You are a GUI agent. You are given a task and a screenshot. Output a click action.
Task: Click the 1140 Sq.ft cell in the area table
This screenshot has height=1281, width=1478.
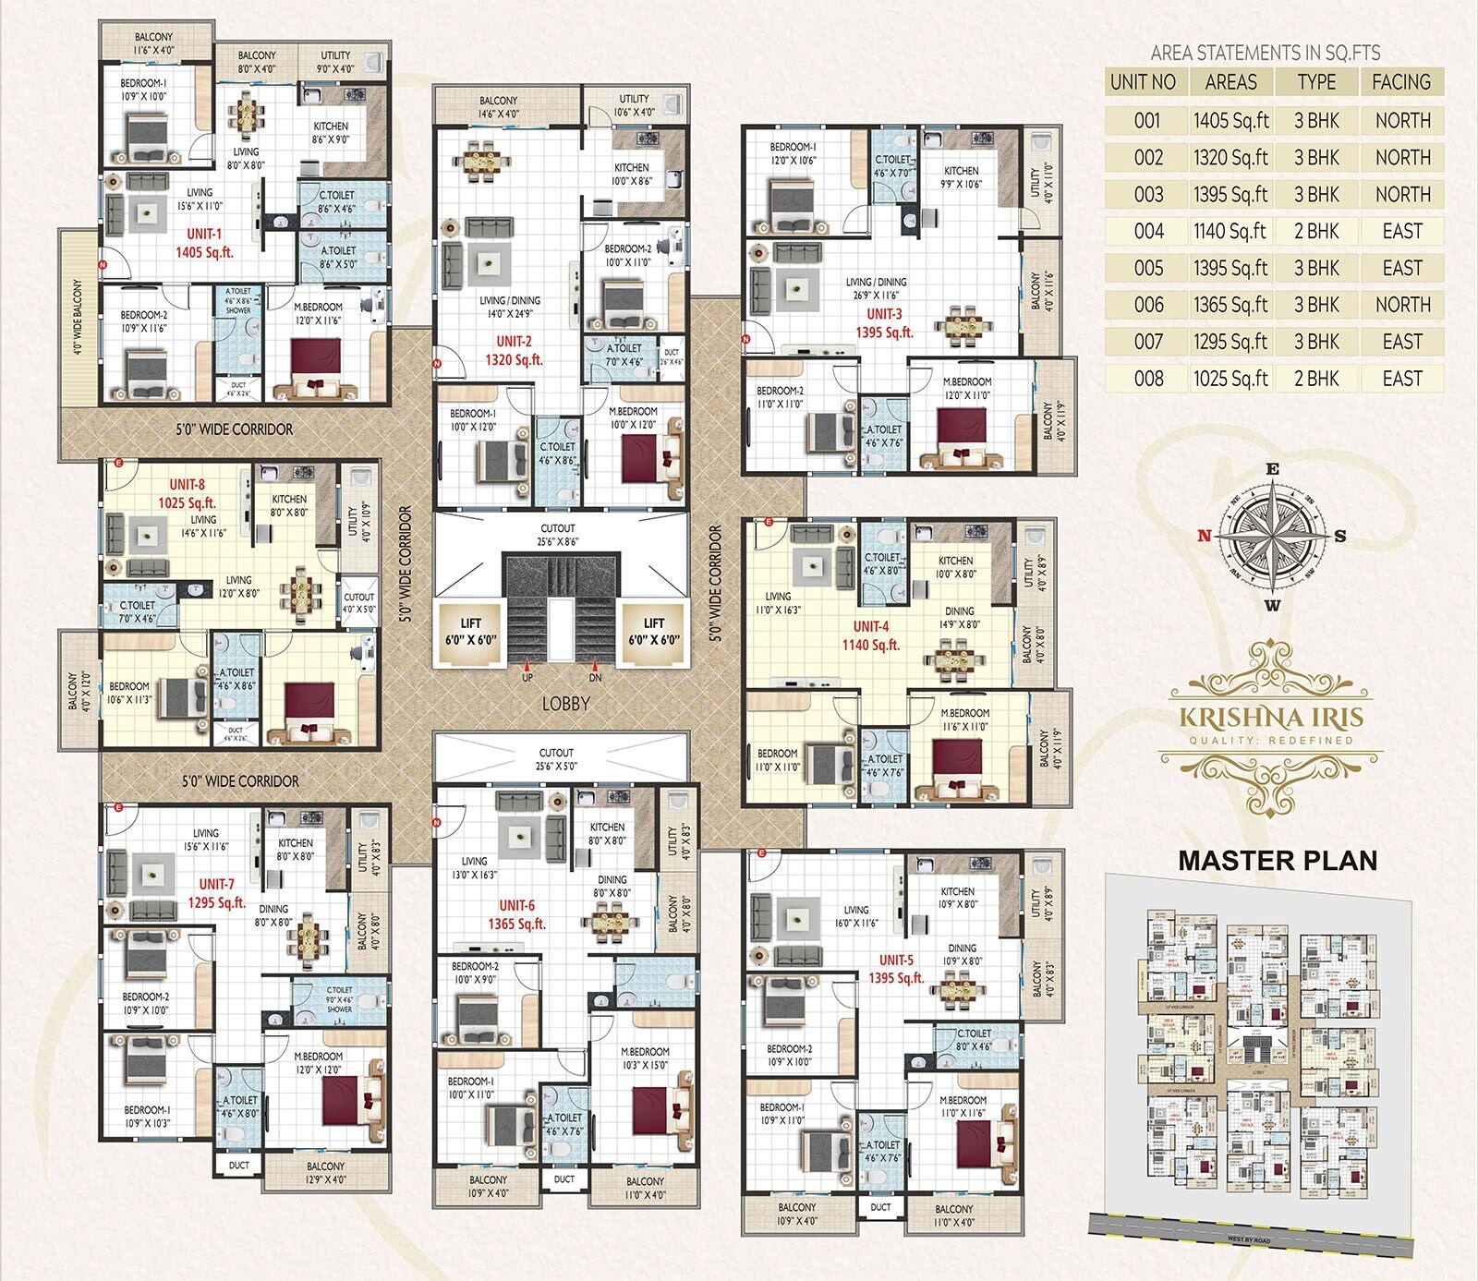[1230, 231]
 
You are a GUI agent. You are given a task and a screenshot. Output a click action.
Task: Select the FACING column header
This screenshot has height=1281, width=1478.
[1400, 82]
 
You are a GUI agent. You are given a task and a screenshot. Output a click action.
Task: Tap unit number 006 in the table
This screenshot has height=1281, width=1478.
[1148, 305]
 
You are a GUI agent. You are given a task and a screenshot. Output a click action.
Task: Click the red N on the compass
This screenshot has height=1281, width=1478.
[1204, 535]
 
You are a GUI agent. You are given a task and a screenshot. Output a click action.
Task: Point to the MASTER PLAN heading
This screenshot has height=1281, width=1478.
[1278, 861]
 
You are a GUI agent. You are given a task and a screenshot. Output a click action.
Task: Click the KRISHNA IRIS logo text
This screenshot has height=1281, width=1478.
[1271, 718]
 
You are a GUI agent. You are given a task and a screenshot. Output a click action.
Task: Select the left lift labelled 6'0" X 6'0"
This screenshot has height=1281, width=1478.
[470, 631]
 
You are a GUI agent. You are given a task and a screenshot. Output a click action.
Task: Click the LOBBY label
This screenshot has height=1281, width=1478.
[565, 704]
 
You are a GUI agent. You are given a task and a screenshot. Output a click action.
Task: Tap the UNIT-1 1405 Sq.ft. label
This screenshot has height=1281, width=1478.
[204, 243]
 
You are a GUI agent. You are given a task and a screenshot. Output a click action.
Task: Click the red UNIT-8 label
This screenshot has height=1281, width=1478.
[187, 484]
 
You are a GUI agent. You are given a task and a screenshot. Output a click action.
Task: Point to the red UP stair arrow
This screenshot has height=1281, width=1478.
[527, 665]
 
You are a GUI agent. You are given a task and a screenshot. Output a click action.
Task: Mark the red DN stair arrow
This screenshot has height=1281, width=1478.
[595, 665]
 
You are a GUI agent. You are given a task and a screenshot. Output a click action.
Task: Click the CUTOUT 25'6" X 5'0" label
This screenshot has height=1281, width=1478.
[556, 759]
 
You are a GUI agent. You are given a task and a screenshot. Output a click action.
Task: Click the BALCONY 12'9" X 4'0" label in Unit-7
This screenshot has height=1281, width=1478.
[325, 1173]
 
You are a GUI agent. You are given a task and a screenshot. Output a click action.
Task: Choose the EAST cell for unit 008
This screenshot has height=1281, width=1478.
[1401, 379]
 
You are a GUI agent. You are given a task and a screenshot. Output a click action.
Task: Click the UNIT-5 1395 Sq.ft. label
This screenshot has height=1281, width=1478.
[895, 969]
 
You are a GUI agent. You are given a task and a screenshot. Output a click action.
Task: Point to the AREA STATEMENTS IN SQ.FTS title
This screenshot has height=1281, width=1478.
[1265, 53]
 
